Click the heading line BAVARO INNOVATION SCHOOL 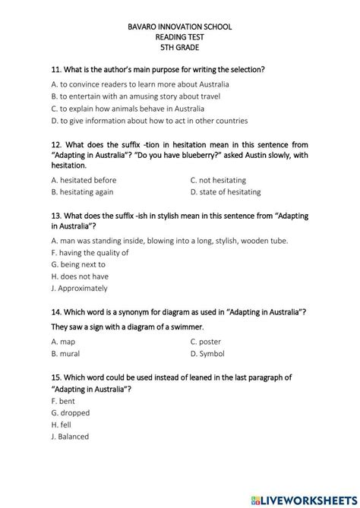coord(181,27)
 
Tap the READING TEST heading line coord(181,36)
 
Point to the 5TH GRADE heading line coord(181,46)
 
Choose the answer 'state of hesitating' coord(229,192)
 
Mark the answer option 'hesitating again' coord(88,192)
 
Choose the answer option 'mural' coord(69,354)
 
